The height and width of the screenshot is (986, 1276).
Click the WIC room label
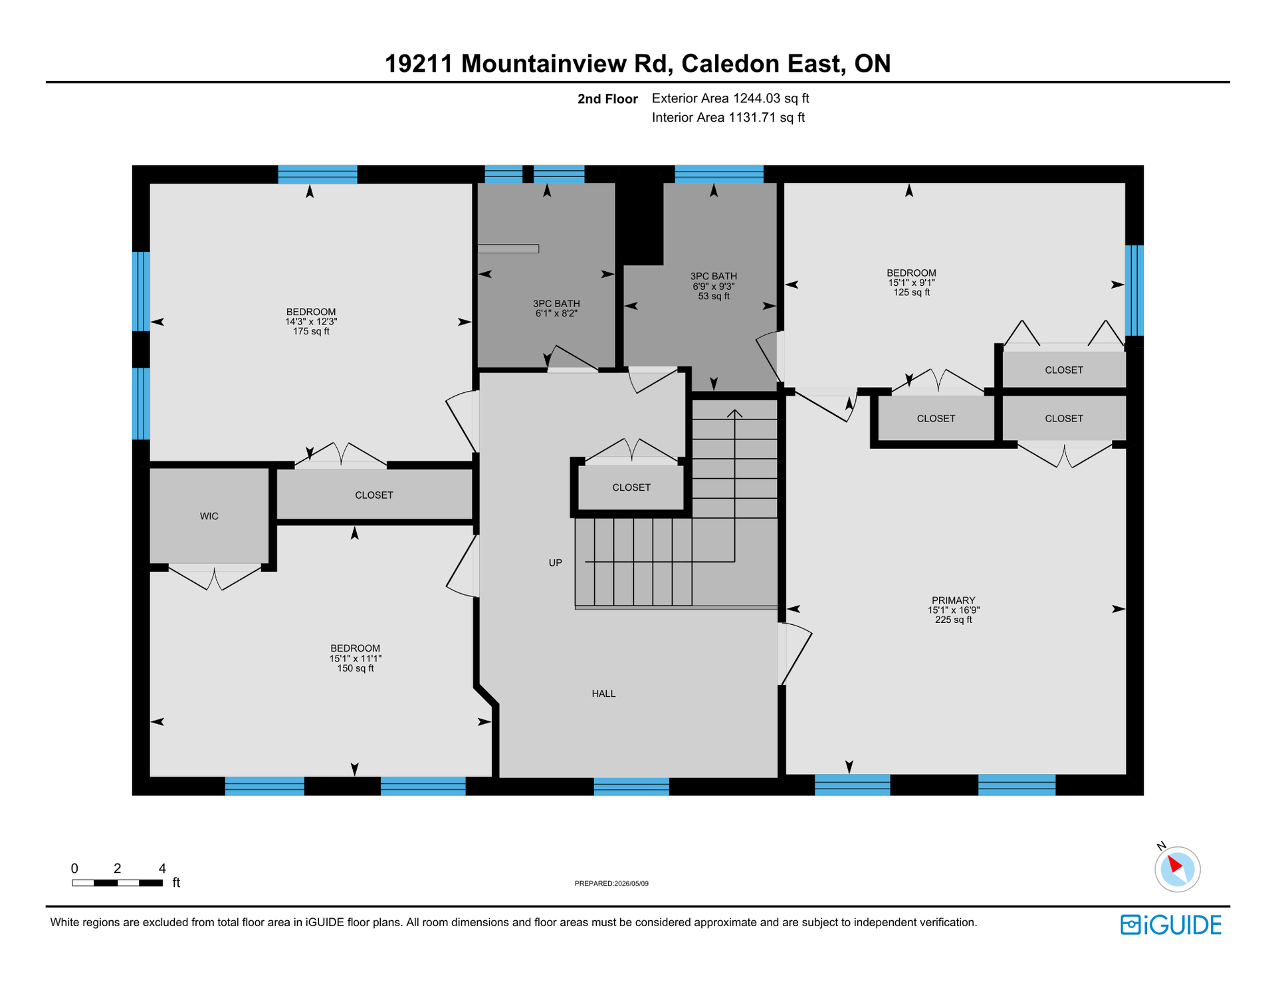[x=209, y=516]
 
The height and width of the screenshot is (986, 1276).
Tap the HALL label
[x=603, y=693]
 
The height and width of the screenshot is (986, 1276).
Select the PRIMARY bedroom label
[x=953, y=600]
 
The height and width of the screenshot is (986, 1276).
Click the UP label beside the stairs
[x=555, y=562]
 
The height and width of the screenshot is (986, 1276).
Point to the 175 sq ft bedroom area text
[x=311, y=331]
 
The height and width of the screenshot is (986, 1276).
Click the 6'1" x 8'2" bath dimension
[x=556, y=313]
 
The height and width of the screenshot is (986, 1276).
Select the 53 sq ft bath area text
[x=714, y=296]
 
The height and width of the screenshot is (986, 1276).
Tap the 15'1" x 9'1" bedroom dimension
[x=911, y=283]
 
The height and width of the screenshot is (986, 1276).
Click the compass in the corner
[x=1177, y=868]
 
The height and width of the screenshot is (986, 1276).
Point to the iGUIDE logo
[x=1171, y=925]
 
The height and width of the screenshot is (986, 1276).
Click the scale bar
[x=118, y=883]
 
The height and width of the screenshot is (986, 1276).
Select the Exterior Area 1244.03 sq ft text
[x=730, y=98]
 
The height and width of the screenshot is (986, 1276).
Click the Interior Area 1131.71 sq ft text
[x=728, y=118]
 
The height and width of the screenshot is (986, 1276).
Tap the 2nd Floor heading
[x=607, y=99]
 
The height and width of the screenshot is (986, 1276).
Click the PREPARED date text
[x=611, y=884]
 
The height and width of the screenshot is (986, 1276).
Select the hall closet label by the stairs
[x=631, y=487]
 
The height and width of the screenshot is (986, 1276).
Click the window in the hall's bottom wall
[x=631, y=787]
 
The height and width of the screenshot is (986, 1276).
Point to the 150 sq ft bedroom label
[x=356, y=668]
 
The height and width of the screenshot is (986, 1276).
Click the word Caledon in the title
[x=730, y=64]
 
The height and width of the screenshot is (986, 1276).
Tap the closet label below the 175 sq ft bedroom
[x=374, y=495]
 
